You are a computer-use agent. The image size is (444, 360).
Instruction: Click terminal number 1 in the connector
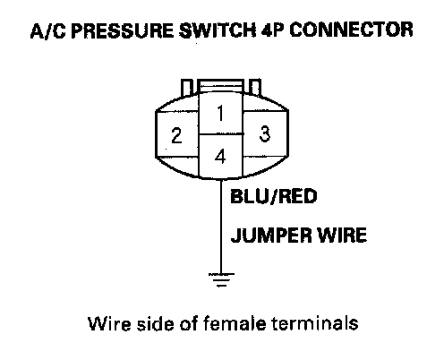(220, 113)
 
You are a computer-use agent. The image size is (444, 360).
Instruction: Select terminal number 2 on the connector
(176, 135)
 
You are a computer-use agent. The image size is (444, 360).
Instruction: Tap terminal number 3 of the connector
(265, 133)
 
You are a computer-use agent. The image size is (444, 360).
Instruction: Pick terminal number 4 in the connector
(220, 157)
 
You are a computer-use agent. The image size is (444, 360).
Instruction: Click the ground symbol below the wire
(221, 280)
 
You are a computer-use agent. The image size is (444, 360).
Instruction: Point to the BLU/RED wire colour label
(273, 196)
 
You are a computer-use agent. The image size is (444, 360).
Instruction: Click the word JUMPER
(271, 236)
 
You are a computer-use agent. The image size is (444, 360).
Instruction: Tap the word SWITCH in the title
(218, 30)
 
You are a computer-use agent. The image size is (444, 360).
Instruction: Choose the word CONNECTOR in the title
(352, 30)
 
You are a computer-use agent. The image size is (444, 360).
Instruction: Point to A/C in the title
(48, 31)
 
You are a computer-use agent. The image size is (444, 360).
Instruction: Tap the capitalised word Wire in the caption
(110, 323)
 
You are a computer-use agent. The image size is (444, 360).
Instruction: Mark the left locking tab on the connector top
(186, 88)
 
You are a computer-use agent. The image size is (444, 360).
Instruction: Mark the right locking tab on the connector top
(255, 87)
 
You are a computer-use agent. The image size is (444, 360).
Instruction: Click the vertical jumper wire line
(221, 227)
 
